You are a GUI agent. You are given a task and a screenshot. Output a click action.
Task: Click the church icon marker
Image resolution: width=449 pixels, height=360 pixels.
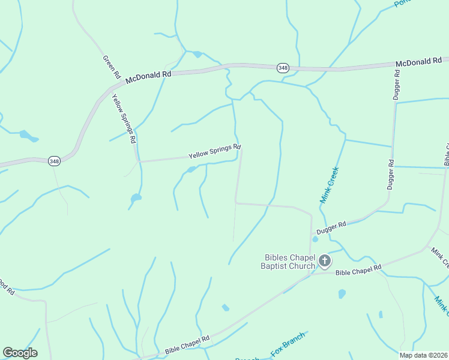coord(324,260)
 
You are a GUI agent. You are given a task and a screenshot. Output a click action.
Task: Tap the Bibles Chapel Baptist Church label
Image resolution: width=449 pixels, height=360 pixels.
coord(288,262)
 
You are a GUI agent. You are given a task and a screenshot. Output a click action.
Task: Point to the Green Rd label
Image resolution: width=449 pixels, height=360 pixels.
coord(112,68)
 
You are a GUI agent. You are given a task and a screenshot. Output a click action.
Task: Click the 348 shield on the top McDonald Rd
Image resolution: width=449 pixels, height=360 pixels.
coord(282,68)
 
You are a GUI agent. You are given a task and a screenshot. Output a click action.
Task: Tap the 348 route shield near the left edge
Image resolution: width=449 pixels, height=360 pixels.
coord(55,161)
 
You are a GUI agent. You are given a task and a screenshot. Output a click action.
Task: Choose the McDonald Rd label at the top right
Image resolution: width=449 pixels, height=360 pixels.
coord(418,62)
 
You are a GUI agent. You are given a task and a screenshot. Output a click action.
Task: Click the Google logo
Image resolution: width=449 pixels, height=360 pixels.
coord(20,353)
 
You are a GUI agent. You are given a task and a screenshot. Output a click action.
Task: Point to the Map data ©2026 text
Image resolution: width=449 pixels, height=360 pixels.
coord(423,355)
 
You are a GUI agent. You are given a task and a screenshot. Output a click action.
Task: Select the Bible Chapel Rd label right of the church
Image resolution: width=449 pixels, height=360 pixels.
coord(358,270)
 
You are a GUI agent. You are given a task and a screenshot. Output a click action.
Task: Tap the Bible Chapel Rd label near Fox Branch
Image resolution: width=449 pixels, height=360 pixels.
coord(187,344)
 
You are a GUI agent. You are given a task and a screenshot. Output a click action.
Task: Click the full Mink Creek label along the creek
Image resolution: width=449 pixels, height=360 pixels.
coord(330,185)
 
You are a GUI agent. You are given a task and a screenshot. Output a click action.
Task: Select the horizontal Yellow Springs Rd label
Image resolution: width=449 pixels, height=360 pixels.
coord(214,151)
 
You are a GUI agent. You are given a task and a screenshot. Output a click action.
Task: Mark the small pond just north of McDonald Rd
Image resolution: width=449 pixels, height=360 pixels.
coord(197,55)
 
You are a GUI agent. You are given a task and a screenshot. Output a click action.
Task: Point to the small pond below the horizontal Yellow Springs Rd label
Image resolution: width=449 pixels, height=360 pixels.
coord(191,170)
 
